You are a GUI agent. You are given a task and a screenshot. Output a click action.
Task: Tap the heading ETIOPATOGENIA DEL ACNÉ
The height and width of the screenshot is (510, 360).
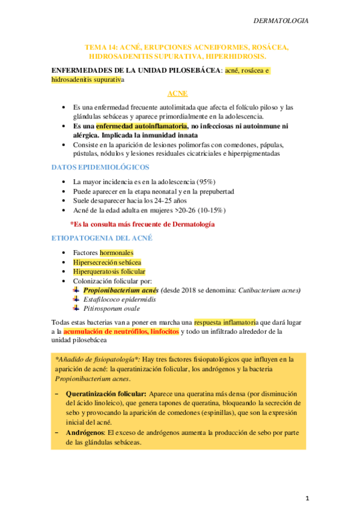[102, 238]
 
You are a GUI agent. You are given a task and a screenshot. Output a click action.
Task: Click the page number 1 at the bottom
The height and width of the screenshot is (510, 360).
[307, 498]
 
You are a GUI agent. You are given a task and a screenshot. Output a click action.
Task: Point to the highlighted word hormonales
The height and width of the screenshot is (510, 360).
[117, 253]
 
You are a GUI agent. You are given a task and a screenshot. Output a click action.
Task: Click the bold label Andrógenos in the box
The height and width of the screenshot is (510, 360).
[85, 432]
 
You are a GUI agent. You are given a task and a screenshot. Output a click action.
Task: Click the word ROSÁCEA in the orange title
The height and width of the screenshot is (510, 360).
[269, 47]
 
